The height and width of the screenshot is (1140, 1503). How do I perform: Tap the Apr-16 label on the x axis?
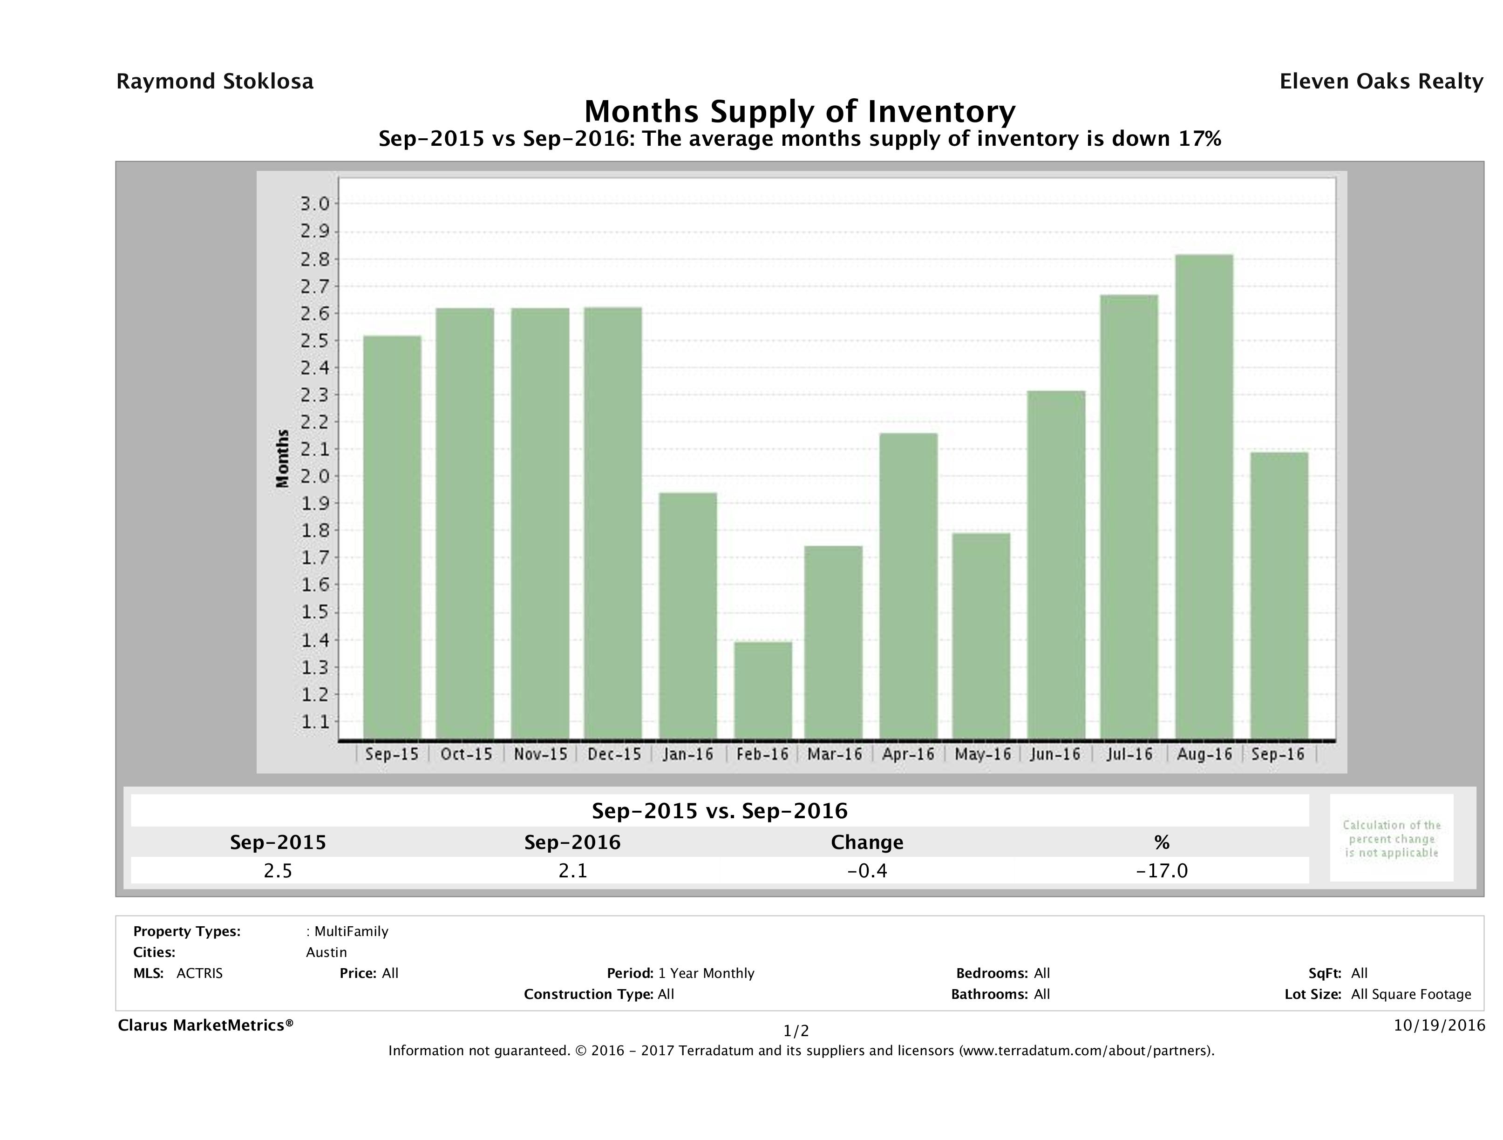point(908,754)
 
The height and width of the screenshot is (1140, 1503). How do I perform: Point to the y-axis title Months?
point(283,459)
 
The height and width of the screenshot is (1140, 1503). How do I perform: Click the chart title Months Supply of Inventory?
point(800,111)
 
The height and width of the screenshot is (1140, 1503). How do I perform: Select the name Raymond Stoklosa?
point(215,81)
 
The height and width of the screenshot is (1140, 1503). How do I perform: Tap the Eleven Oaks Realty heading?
point(1381,81)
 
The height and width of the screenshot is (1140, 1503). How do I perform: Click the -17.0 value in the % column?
point(1162,870)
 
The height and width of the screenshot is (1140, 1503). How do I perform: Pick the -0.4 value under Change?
point(867,870)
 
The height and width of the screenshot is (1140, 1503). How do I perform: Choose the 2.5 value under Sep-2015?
point(278,870)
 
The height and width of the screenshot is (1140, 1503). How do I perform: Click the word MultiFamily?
point(351,931)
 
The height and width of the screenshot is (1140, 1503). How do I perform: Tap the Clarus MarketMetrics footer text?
point(205,1025)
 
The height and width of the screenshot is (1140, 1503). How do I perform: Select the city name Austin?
point(326,952)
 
